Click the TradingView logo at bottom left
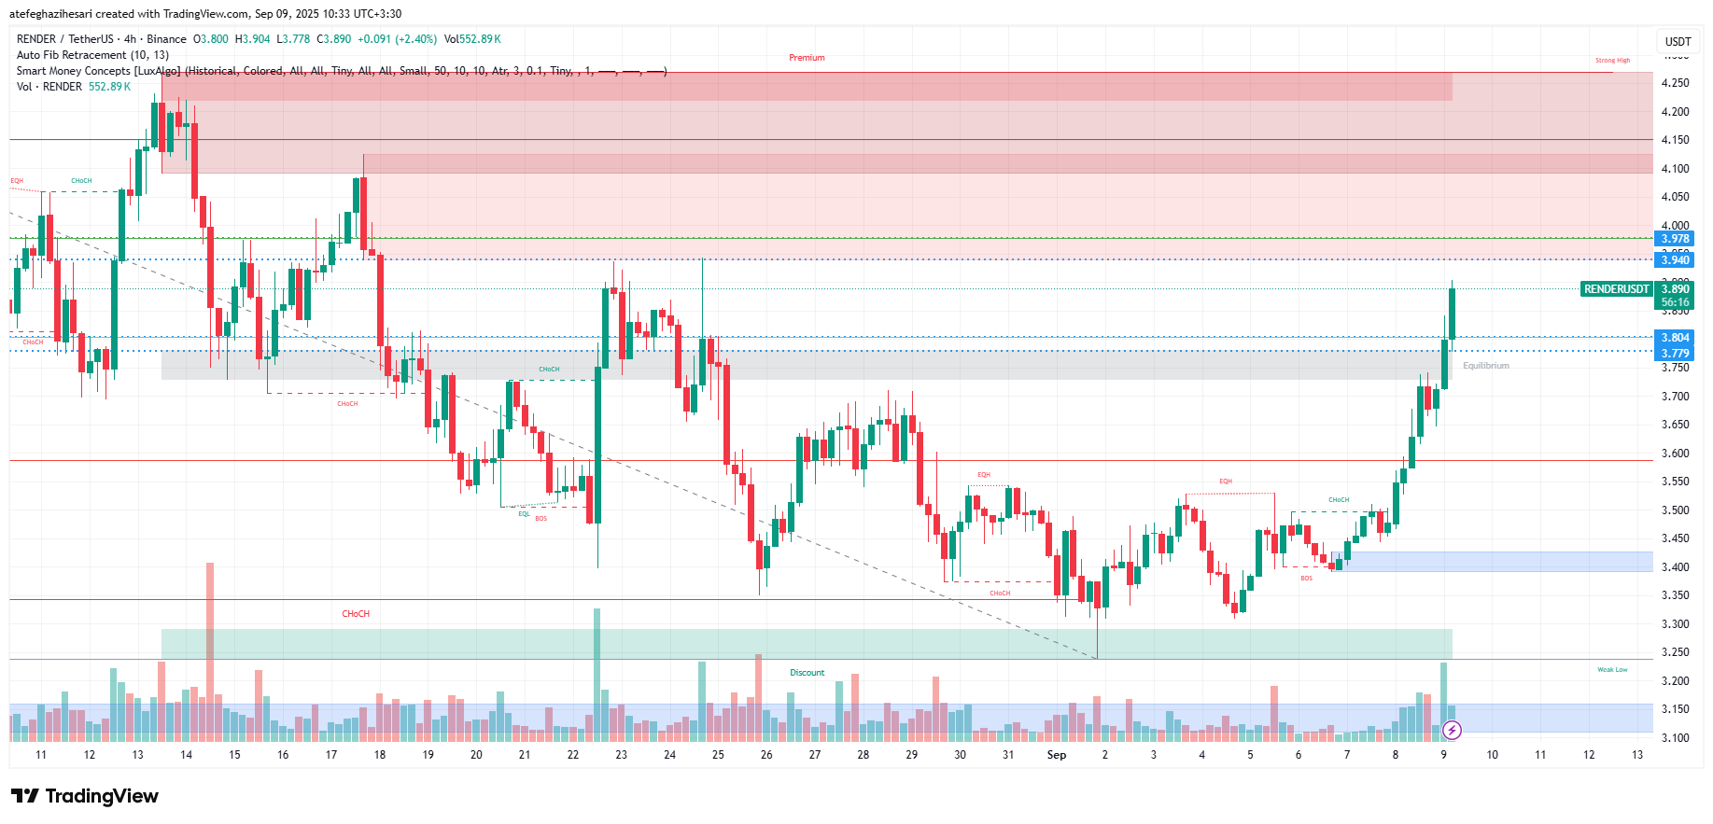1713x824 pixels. point(85,796)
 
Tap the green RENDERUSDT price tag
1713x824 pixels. point(1616,289)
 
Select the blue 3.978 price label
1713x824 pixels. point(1675,239)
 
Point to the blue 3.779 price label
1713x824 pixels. point(1675,353)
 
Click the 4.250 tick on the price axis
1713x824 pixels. point(1675,83)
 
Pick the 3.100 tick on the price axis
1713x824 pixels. point(1675,738)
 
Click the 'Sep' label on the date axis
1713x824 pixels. point(1056,755)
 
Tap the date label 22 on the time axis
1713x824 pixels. point(573,755)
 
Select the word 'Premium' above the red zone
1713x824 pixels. point(807,58)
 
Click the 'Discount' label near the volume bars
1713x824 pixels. point(807,673)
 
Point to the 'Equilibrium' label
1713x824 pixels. point(1485,366)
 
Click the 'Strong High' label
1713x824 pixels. point(1612,61)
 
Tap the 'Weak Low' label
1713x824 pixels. point(1612,670)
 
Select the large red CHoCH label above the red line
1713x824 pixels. point(356,614)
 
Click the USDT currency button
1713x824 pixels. point(1678,41)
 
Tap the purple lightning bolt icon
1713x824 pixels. point(1452,730)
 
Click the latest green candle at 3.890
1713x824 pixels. point(1452,314)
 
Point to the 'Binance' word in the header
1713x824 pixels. point(166,39)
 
